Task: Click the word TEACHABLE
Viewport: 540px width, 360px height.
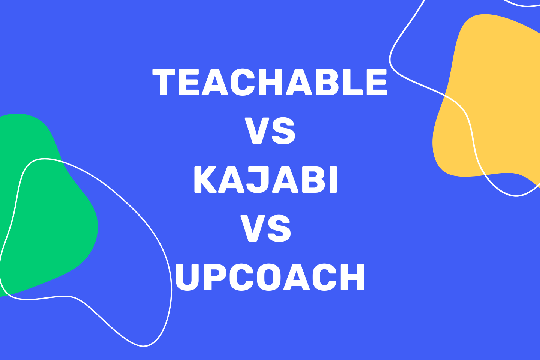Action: click(270, 82)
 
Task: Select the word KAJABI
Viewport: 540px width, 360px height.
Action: click(265, 180)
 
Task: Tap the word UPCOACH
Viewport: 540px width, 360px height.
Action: click(270, 277)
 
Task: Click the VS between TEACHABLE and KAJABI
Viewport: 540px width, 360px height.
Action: click(270, 131)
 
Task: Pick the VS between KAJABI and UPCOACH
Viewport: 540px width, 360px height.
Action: click(265, 229)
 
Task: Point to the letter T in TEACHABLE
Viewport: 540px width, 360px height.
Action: click(164, 82)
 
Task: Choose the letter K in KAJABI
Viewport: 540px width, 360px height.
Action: click(207, 180)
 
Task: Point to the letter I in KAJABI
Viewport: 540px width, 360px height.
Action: click(333, 180)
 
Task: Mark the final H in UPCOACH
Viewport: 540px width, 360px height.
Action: click(351, 277)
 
